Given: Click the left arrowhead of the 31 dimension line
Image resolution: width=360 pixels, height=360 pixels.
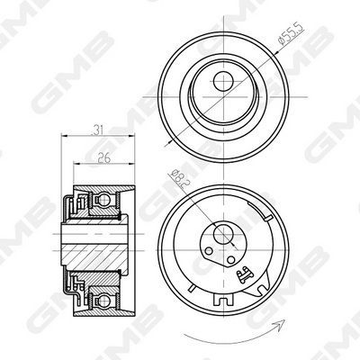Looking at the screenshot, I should [64, 136].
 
